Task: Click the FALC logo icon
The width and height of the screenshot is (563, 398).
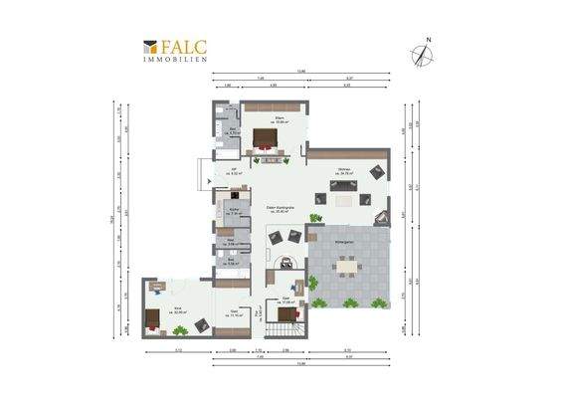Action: point(150,47)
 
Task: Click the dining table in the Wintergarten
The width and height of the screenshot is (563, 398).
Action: point(347,266)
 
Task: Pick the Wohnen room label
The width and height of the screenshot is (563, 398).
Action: point(344,172)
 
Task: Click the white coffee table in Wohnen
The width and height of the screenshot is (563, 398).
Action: point(344,200)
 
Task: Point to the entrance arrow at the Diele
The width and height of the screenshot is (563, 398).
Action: point(206,180)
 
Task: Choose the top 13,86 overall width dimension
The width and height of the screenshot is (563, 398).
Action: point(299,71)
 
